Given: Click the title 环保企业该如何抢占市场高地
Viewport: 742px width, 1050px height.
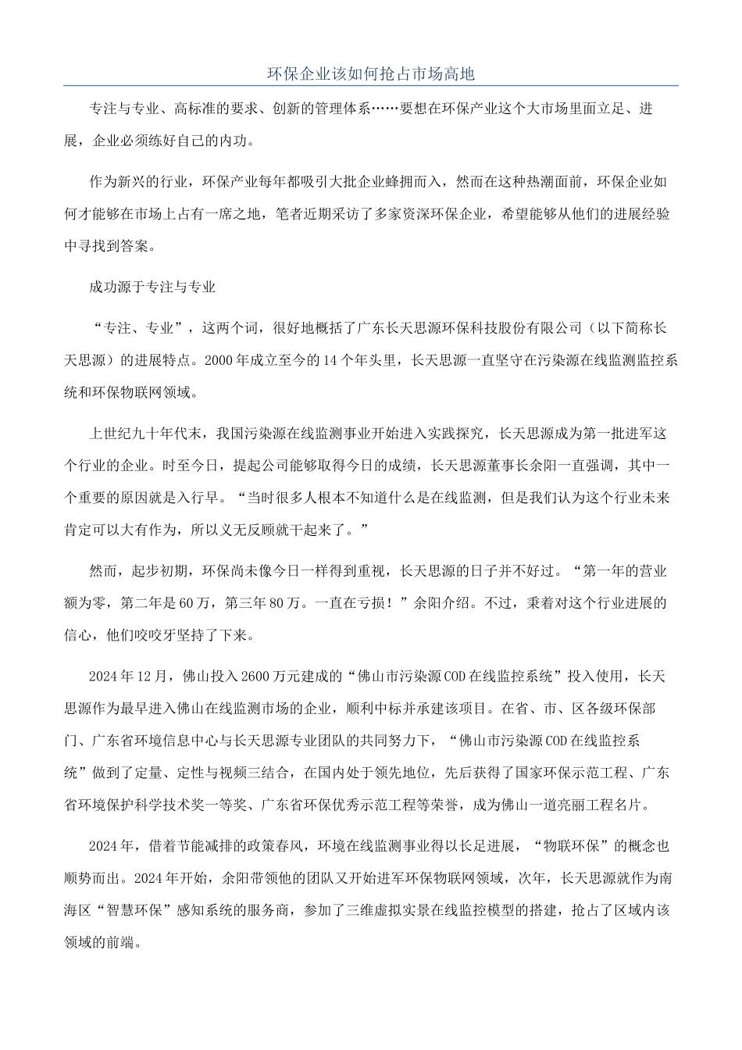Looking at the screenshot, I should point(370,74).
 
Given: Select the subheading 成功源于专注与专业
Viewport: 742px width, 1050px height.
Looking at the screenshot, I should point(152,287).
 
